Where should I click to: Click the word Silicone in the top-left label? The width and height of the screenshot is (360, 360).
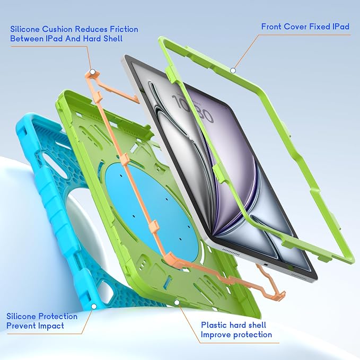pos(25,29)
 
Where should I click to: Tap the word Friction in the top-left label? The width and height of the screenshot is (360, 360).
pos(124,29)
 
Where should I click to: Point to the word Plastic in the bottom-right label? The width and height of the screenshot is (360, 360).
pos(214,325)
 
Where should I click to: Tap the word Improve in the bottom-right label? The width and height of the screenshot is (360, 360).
pos(215,335)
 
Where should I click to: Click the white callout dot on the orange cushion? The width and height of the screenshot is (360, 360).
pos(93,72)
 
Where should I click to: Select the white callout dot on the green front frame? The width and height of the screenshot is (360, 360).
pos(233,71)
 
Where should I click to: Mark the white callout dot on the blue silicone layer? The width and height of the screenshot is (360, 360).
pos(94,306)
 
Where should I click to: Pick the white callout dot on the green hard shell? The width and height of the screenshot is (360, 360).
pos(177,303)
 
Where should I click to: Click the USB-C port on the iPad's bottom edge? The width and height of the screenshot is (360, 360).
pos(266,265)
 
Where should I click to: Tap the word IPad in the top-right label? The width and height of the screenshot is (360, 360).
pos(341,27)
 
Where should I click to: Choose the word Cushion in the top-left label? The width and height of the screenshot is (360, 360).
pos(57,29)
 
